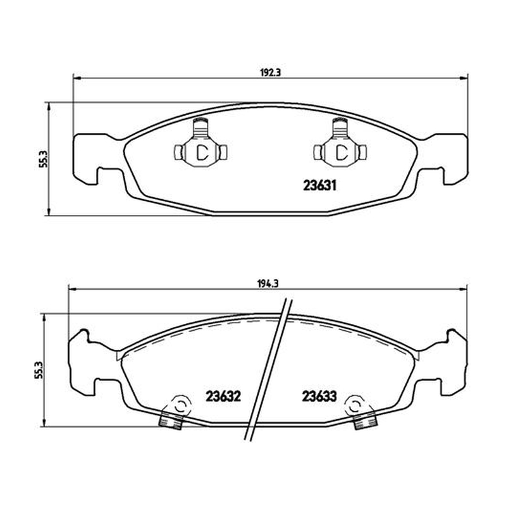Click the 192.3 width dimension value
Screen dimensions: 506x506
point(271,72)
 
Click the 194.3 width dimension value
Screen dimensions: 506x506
point(268,284)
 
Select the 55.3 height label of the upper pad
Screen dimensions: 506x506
point(43,159)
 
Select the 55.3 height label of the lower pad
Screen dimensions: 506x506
point(39,370)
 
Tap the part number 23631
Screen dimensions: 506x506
point(320,185)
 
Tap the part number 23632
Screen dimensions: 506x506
point(223,397)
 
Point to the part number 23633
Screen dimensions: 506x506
point(319,397)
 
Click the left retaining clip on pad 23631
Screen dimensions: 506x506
point(201,145)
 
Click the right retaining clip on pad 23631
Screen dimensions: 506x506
point(340,145)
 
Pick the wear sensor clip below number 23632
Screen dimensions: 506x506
point(176,412)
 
